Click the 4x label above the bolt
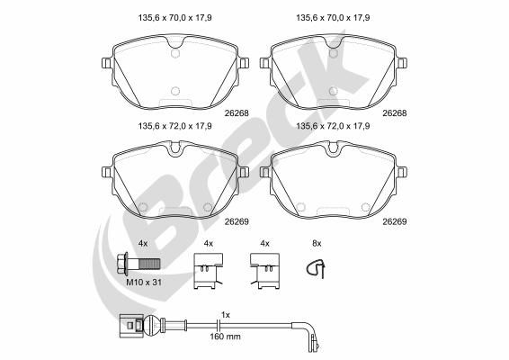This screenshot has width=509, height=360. click(x=142, y=243)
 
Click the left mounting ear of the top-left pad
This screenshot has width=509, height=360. click(x=107, y=64)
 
